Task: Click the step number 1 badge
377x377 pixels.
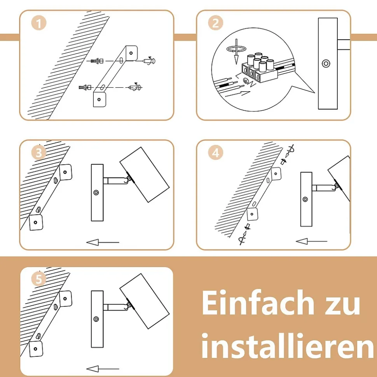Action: pos(39,23)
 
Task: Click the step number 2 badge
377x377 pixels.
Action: pos(215,23)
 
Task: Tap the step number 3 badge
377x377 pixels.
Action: pos(39,153)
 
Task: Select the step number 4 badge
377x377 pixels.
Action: pos(215,153)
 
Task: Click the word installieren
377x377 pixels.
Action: pos(288,345)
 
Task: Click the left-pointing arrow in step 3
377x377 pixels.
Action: pos(103,242)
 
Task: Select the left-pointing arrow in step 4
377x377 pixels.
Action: pos(312,241)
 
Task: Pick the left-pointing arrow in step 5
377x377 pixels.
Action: pos(103,368)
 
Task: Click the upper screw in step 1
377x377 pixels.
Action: pos(150,61)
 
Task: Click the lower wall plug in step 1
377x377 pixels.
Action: pos(85,87)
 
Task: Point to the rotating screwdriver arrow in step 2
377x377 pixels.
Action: pos(237,51)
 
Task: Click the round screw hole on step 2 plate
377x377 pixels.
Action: pos(326,63)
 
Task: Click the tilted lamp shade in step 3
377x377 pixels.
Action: pos(145,175)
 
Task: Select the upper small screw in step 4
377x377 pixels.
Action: pos(288,155)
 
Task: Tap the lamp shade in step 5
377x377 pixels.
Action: pos(145,301)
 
